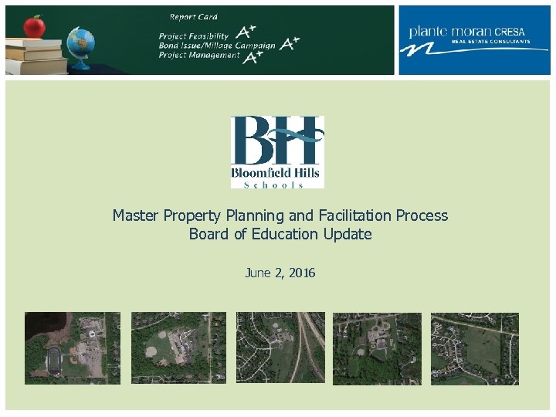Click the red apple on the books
pos(34,27)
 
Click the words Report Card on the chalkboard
pos(193,16)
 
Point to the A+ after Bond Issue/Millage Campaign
pos(290,44)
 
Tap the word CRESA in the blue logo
pos(510,32)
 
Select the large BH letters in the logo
pos(277,141)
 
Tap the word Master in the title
pos(136,215)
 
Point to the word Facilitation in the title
pos(355,215)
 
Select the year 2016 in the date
pos(301,273)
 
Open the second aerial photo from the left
pos(178,347)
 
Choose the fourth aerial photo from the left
pos(377,347)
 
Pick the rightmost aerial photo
pos(474,347)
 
